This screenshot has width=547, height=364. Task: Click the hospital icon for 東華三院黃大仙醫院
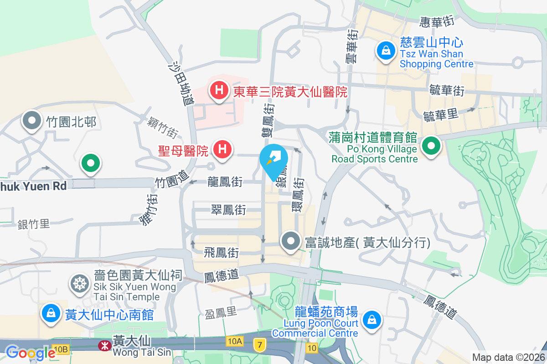point(219,90)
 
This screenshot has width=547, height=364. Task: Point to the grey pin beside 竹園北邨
point(32,121)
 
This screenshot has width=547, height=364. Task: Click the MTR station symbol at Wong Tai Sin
point(104,346)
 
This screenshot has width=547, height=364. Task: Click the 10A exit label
point(233,340)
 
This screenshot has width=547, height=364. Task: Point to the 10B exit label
point(60,349)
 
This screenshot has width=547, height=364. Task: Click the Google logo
point(30,353)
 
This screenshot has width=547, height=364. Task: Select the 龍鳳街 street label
point(224,181)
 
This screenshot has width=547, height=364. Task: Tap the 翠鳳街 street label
point(228,210)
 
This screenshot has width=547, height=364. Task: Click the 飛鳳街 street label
point(222,251)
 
